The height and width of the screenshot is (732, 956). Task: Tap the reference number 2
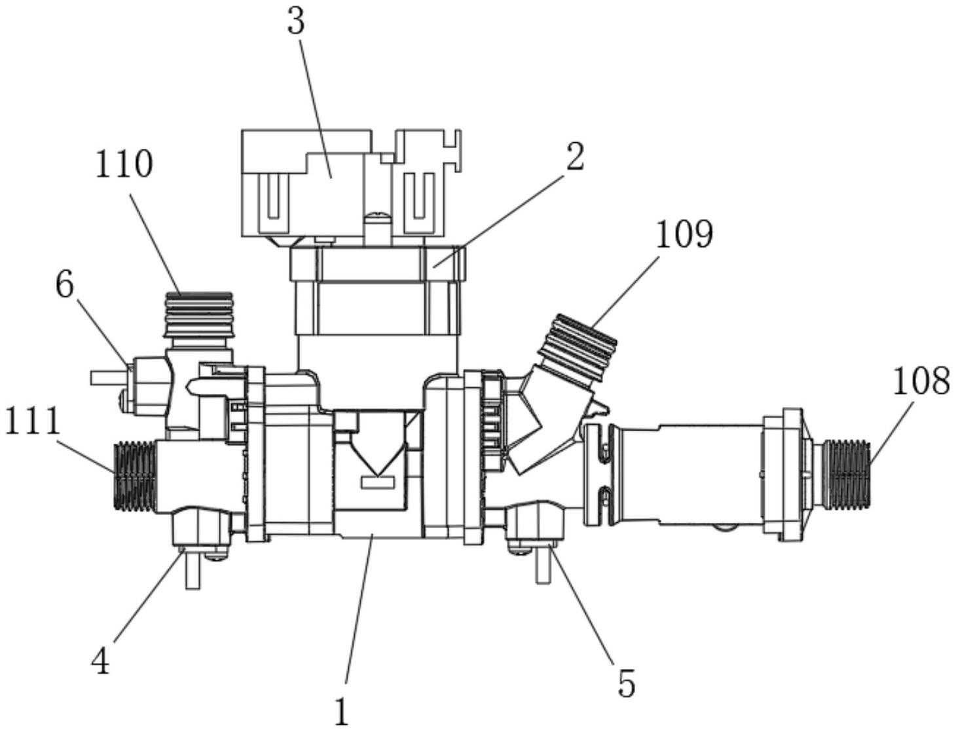coord(575,157)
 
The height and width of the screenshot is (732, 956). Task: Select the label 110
coord(124,164)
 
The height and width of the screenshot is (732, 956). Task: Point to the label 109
coord(684,235)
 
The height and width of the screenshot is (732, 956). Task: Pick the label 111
coord(32,420)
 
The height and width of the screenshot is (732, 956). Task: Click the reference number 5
coord(626,683)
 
